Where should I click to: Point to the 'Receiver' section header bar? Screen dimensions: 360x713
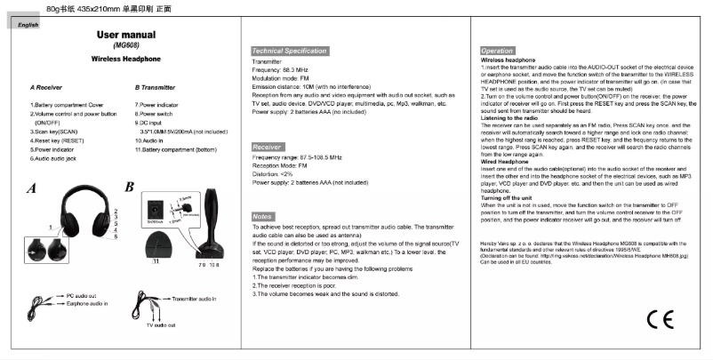pos(268,146)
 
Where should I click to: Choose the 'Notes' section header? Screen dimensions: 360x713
pos(263,216)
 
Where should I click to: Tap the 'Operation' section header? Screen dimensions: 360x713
pos(497,52)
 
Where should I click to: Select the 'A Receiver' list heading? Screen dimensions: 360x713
pos(45,88)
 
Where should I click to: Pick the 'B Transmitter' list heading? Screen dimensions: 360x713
pos(156,88)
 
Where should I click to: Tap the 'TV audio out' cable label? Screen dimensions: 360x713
pos(163,325)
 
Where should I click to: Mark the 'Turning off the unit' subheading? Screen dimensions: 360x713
pos(506,196)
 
